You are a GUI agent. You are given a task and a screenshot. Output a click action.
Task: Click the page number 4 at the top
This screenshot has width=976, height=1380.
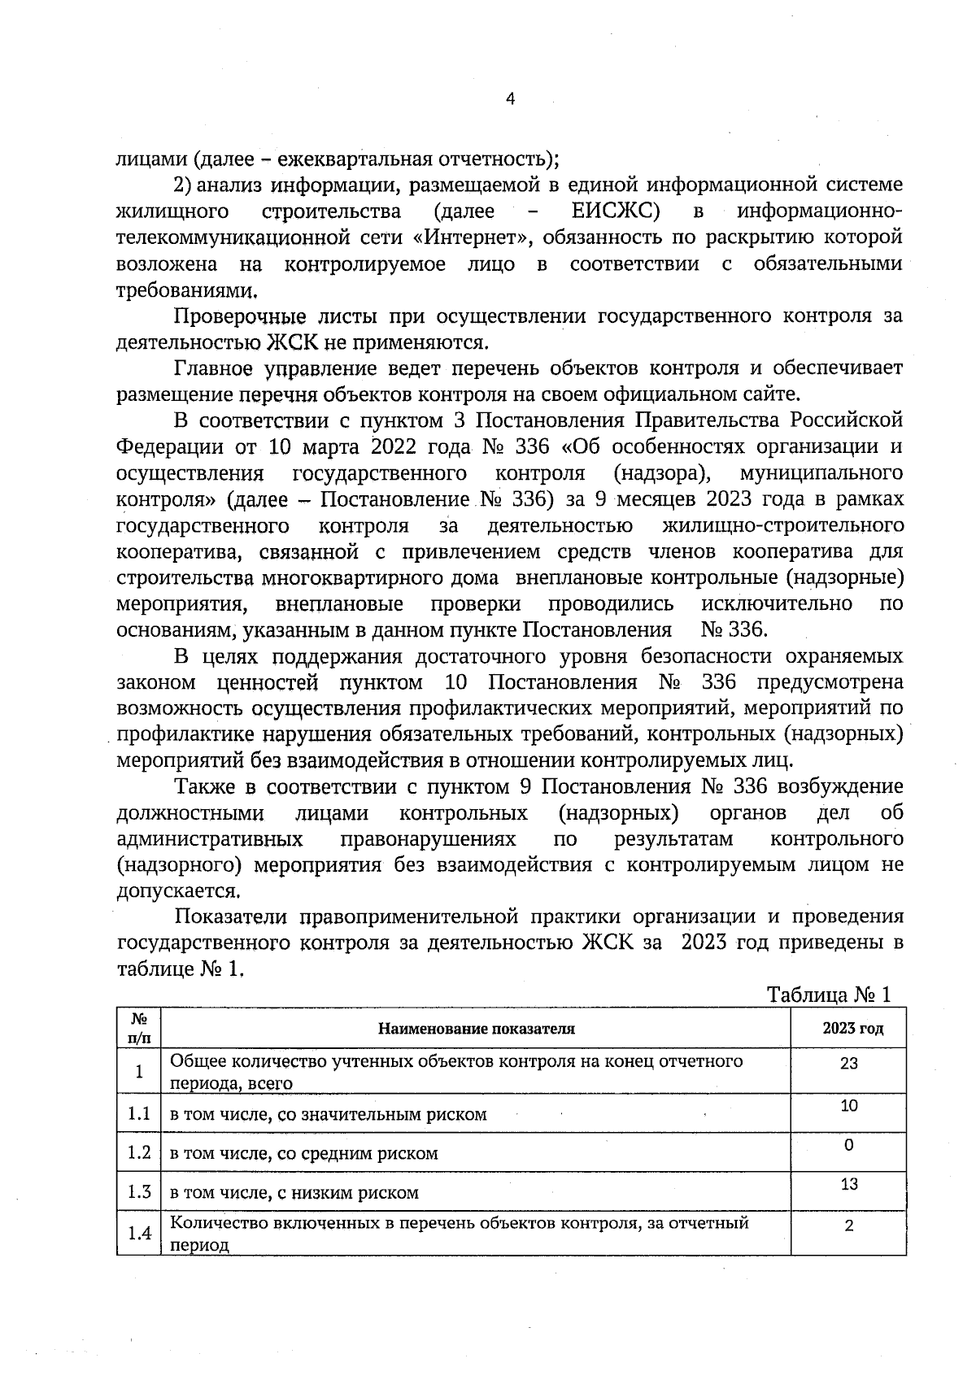[510, 99]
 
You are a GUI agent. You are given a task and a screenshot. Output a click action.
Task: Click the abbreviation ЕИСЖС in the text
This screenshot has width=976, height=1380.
[615, 211]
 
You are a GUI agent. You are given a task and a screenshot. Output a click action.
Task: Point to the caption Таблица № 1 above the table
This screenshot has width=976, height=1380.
[830, 995]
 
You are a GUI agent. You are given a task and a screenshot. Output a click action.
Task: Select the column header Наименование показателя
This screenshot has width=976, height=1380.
[476, 1029]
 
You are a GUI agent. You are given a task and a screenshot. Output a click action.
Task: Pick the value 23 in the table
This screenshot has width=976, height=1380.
[848, 1063]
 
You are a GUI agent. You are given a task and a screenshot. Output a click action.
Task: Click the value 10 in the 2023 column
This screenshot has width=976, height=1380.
[848, 1106]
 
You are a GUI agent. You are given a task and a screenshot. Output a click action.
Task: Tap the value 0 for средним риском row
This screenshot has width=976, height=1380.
[848, 1145]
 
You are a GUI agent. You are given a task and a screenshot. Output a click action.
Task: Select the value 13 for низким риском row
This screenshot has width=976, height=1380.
[848, 1184]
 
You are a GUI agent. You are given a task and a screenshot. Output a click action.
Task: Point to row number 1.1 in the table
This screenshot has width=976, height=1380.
[139, 1113]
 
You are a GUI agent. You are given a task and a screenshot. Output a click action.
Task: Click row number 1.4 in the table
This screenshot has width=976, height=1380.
[139, 1234]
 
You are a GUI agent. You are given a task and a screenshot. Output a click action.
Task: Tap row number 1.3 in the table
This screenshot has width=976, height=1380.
[139, 1192]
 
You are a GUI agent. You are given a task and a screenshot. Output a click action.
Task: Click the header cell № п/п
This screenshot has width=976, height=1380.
[139, 1029]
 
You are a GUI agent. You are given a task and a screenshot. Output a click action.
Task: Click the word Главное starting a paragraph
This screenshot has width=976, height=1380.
[213, 368]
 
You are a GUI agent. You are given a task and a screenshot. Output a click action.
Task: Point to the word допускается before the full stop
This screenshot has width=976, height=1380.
[177, 890]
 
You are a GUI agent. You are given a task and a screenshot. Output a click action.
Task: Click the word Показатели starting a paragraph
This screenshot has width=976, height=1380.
[231, 916]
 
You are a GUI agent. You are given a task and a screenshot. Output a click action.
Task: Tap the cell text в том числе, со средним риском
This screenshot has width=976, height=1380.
[303, 1153]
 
